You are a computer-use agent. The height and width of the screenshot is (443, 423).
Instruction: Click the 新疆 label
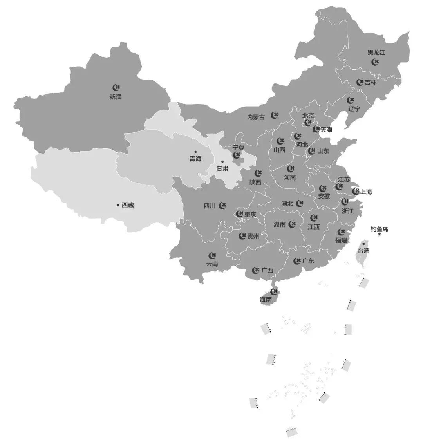tap(115, 97)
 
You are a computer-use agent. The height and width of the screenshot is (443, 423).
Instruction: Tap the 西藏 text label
tap(128, 205)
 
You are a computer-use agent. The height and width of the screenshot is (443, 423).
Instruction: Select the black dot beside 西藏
tap(117, 205)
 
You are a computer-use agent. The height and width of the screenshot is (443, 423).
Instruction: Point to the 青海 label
tap(195, 159)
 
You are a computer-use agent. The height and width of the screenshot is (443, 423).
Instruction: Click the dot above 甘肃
tap(222, 161)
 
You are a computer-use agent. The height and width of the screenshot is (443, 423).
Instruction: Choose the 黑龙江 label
tap(376, 52)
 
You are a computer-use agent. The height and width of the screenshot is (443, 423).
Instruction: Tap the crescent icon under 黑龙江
tap(375, 62)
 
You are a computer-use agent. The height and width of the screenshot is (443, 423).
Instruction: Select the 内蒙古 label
tap(256, 117)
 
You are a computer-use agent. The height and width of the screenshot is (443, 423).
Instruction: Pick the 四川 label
tap(210, 206)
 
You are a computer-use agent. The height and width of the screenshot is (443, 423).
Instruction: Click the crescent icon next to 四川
tap(222, 205)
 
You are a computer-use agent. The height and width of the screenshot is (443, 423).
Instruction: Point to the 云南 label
tap(212, 264)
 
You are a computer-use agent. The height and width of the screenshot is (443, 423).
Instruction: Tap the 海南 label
tap(266, 300)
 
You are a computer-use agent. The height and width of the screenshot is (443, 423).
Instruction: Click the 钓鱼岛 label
tap(379, 229)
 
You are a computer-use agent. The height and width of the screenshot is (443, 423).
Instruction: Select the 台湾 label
tap(363, 251)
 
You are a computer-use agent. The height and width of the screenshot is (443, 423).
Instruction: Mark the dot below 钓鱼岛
tap(380, 234)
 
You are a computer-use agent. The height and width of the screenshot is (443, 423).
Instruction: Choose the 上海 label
tap(366, 192)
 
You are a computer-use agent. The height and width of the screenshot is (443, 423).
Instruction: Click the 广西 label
tap(267, 270)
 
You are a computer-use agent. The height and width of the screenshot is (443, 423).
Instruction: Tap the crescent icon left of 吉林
tap(360, 82)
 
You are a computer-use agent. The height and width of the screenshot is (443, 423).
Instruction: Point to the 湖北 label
tap(287, 203)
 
